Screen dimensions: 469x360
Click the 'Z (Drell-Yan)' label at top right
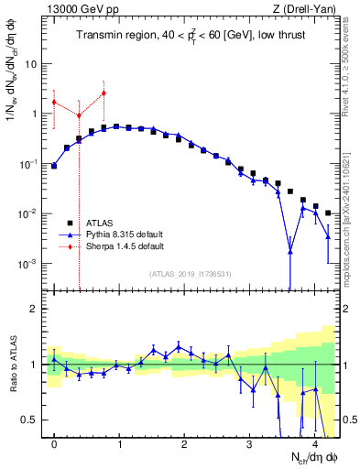click(x=309, y=9)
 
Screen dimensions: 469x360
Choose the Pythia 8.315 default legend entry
click(x=125, y=234)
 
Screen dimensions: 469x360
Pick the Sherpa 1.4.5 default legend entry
click(x=125, y=246)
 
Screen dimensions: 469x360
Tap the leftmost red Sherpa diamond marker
click(x=54, y=102)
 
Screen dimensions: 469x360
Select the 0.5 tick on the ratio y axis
click(x=31, y=420)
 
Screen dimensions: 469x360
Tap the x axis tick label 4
click(x=314, y=444)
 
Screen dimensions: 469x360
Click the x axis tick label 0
click(x=54, y=444)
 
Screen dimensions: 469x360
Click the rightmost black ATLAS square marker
click(x=328, y=213)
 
